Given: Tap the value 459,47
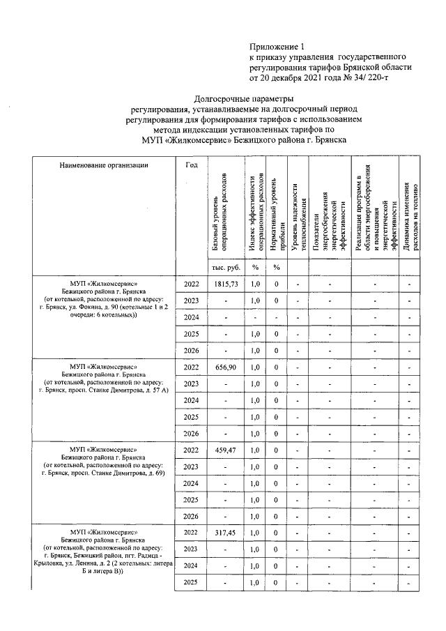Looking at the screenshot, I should click(226, 450).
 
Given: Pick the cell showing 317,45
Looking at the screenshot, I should click(226, 532).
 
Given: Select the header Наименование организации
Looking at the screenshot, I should click(104, 165).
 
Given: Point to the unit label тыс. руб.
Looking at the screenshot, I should click(226, 267).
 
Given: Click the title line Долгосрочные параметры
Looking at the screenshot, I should click(243, 100).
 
